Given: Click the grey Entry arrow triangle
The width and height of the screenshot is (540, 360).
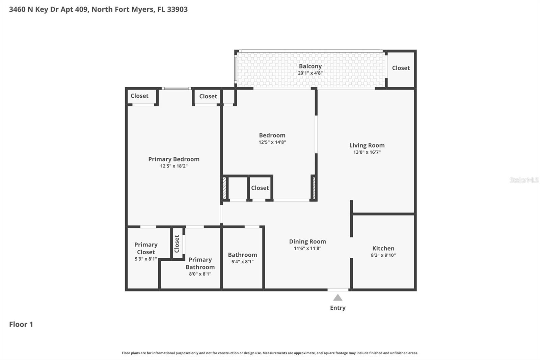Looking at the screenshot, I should click(x=337, y=298).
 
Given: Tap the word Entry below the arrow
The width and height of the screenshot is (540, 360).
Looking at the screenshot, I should click(x=337, y=308).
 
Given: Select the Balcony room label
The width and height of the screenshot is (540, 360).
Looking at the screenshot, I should click(x=310, y=66).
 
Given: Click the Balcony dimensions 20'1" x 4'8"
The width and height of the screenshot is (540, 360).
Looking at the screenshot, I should click(x=310, y=73).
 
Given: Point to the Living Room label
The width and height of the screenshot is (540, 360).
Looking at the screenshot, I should click(x=367, y=145).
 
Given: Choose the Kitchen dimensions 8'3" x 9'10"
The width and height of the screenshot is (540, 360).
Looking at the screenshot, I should click(x=383, y=255).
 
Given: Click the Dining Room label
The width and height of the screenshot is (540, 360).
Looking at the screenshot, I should click(x=307, y=241).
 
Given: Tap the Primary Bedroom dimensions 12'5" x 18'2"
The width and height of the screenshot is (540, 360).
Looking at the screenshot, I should click(x=174, y=166).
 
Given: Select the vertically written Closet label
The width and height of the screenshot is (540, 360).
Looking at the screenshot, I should click(x=177, y=244).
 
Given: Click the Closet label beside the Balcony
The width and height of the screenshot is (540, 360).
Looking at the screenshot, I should click(x=401, y=68).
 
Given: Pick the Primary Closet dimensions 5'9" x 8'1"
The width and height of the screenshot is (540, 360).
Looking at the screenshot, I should click(x=146, y=259).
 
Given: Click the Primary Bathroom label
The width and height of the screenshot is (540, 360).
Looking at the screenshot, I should click(x=200, y=263).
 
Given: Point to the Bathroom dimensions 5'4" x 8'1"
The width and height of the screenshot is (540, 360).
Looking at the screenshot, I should click(x=242, y=262).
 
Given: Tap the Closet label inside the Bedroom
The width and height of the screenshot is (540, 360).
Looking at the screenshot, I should click(x=260, y=188).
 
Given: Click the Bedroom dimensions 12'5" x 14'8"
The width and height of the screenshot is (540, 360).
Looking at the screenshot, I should click(x=272, y=142).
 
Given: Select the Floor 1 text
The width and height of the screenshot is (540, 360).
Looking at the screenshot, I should click(x=21, y=324).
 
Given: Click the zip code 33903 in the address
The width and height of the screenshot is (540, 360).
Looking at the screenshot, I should click(x=177, y=9).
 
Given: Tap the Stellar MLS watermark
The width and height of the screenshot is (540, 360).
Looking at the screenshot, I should click(x=524, y=180).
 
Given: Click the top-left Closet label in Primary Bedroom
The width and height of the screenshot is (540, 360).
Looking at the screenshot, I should click(x=139, y=96).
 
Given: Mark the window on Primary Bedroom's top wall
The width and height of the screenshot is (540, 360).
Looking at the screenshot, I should click(x=176, y=88).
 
